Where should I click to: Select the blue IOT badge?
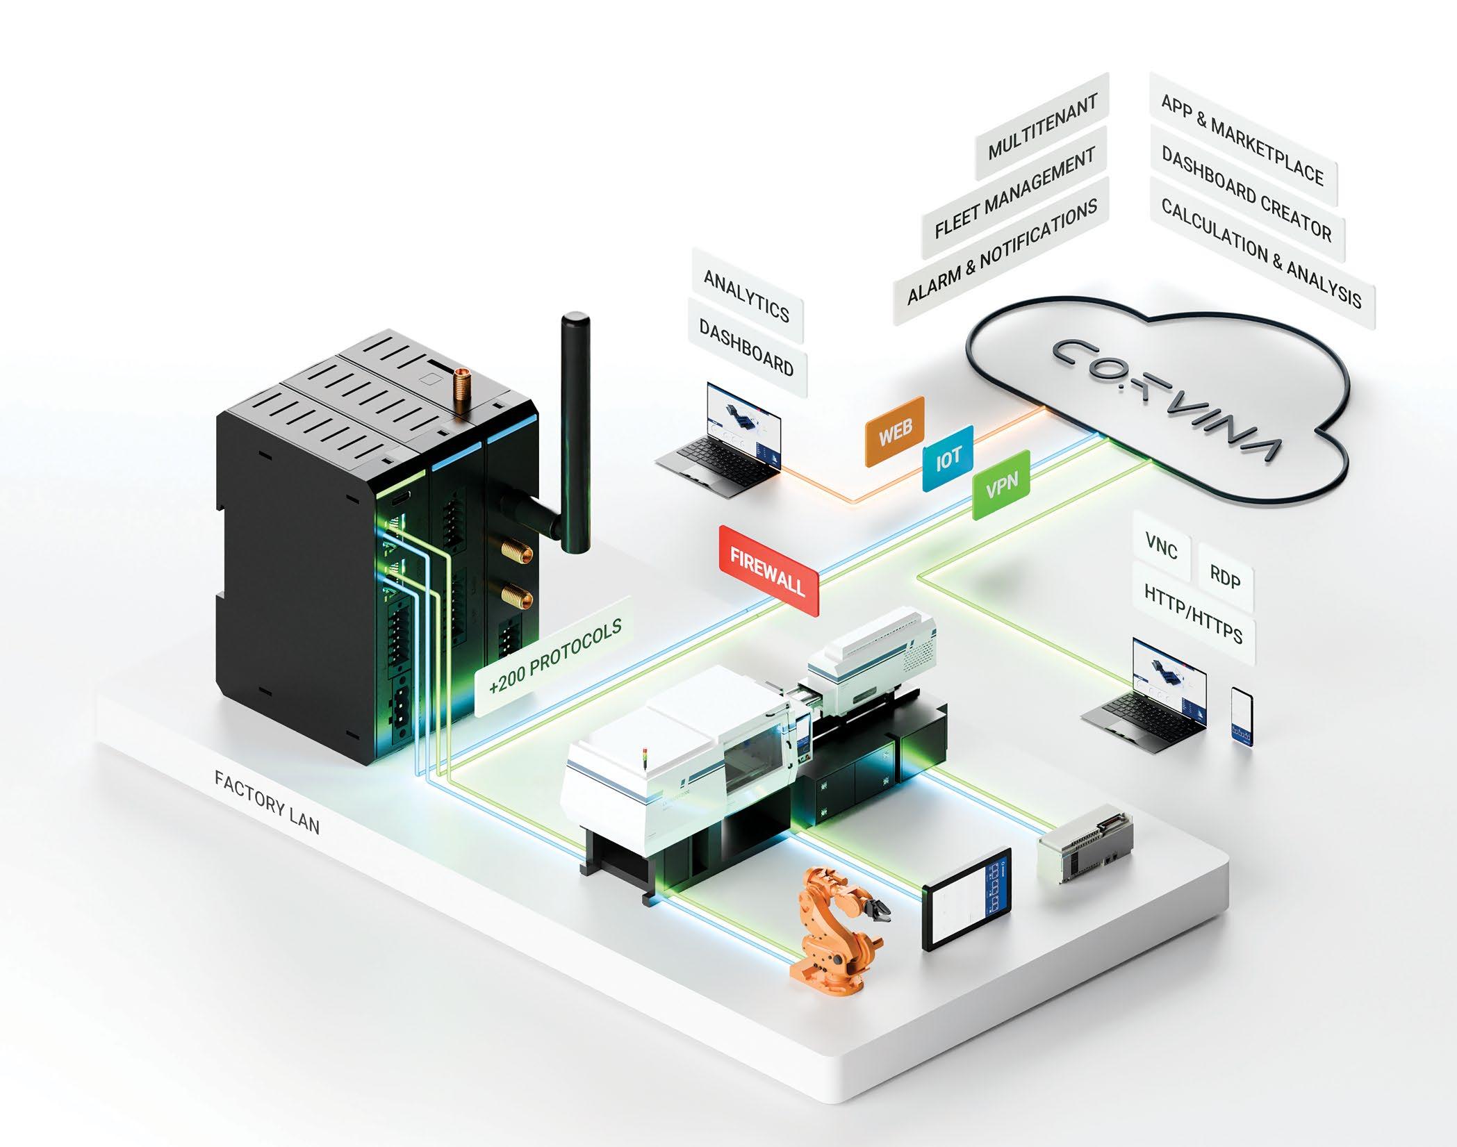948,459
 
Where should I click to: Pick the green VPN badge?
1001,485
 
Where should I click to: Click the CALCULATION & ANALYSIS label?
1260,252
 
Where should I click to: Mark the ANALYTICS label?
746,297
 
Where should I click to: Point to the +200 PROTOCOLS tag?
554,656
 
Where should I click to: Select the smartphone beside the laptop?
1241,725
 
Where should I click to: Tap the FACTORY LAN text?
267,802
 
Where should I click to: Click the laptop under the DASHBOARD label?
726,441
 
